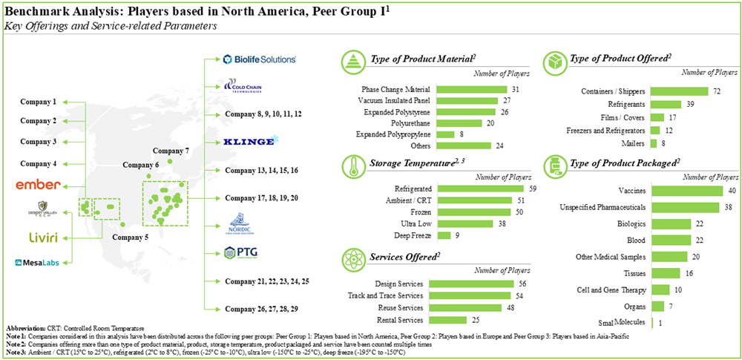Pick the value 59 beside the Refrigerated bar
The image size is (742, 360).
(531, 189)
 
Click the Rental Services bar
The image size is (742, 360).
(453, 320)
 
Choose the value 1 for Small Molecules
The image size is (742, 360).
(661, 322)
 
